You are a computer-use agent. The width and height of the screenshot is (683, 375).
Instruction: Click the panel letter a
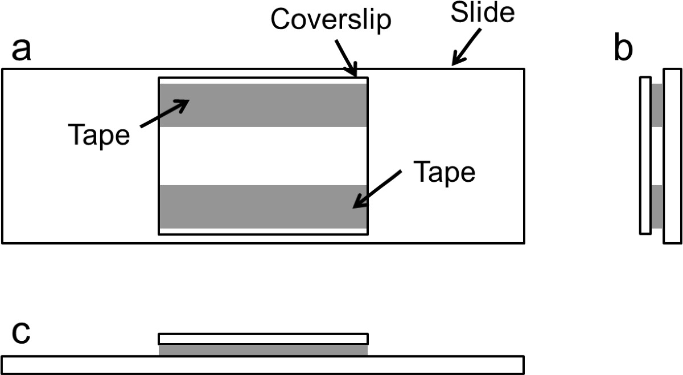coord(22,51)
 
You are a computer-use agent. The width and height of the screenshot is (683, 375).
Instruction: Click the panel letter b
coord(624,50)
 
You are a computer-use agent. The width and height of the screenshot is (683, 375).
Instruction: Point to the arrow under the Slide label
coord(466,50)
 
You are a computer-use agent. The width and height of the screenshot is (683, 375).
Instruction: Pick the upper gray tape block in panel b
coord(657,105)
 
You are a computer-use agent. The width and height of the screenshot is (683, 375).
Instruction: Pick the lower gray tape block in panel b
coord(657,206)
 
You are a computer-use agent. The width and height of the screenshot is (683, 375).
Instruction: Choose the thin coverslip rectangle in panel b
coord(645,155)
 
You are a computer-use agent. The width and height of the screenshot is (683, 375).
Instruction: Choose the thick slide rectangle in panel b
coord(672,155)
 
